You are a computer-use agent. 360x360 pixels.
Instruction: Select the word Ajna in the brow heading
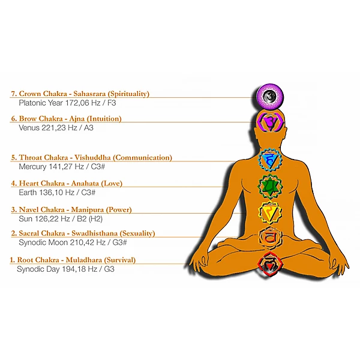(80, 119)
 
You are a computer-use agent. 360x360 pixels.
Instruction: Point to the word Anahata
(85, 183)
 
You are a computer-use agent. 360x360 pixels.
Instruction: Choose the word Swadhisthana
(93, 233)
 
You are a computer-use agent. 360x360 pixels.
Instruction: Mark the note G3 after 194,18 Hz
(108, 269)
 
